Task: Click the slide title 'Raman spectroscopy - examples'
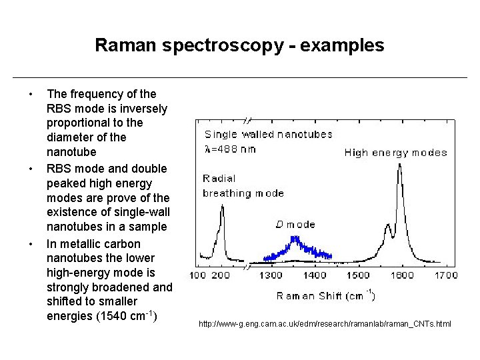pyautogui.click(x=239, y=45)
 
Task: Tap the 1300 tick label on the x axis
pyautogui.click(x=271, y=275)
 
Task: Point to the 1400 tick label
pyautogui.click(x=314, y=275)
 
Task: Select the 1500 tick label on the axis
pyautogui.click(x=358, y=275)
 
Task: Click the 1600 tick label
pyautogui.click(x=402, y=275)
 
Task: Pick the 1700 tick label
pyautogui.click(x=446, y=275)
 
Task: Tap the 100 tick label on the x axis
pyautogui.click(x=199, y=275)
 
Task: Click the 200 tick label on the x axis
pyautogui.click(x=221, y=275)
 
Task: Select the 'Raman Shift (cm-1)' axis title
pyautogui.click(x=325, y=295)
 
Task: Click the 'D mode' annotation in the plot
pyautogui.click(x=295, y=225)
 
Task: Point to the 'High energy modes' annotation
pyautogui.click(x=395, y=153)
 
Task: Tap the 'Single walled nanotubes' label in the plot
pyautogui.click(x=268, y=134)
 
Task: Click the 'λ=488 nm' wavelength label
pyautogui.click(x=230, y=149)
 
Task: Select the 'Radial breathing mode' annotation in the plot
pyautogui.click(x=243, y=186)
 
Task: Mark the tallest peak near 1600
pyautogui.click(x=399, y=167)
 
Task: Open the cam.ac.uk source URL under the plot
pyautogui.click(x=325, y=324)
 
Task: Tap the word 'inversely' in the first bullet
pyautogui.click(x=144, y=109)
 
